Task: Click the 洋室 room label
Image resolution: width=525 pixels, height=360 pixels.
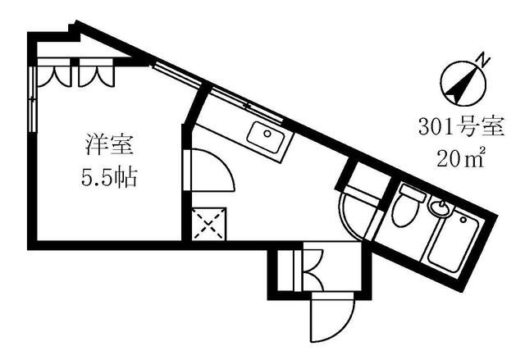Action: pos(109,145)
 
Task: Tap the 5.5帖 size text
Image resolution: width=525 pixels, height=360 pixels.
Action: pos(109,178)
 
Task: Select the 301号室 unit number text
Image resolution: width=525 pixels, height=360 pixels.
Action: pos(461,127)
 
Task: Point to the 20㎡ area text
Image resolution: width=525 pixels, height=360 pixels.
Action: pos(461,157)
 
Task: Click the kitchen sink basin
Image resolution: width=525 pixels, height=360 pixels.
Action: pos(267,137)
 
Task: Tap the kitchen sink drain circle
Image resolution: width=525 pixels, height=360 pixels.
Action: pos(267,134)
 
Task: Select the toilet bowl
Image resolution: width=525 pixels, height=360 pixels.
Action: pos(404,211)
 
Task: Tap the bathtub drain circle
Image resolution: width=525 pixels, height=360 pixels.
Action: pos(463,220)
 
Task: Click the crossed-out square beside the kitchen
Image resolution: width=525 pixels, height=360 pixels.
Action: pos(209,224)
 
